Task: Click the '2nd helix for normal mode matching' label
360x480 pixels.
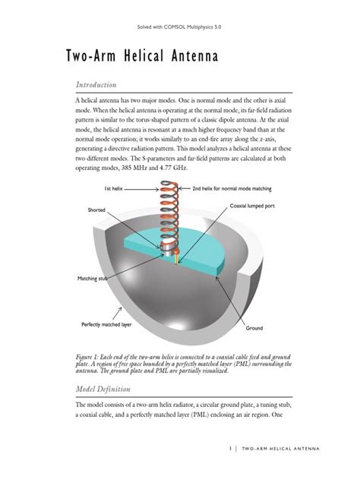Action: pos(232,187)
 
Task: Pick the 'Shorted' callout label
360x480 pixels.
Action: pos(96,209)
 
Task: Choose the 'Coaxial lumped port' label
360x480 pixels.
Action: pos(254,206)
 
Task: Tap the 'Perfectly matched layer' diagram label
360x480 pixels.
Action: pos(108,325)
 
